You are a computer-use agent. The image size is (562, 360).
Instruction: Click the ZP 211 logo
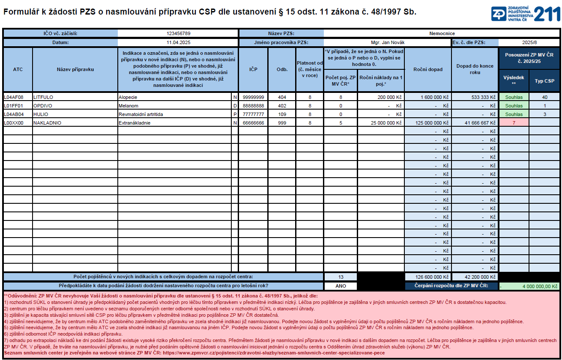[525, 14]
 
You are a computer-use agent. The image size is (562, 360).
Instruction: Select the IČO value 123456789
[178, 33]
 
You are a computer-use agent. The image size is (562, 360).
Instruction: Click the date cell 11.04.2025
[178, 42]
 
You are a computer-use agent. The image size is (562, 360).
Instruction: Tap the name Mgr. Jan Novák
[387, 42]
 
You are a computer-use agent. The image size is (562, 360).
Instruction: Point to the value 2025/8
[529, 42]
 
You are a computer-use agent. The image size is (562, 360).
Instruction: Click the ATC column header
[18, 69]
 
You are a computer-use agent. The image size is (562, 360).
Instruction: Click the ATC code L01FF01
[13, 106]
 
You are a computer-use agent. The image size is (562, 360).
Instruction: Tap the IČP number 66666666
[253, 123]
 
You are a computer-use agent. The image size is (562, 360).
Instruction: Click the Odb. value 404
[282, 97]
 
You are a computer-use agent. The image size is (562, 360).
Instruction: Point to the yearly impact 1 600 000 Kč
[433, 97]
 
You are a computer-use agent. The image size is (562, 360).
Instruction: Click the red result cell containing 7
[514, 123]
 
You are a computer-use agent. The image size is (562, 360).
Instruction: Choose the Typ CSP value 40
[544, 97]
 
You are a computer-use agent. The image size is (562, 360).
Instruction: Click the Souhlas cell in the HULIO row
[514, 114]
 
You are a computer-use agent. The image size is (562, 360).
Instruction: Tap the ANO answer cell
[341, 286]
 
